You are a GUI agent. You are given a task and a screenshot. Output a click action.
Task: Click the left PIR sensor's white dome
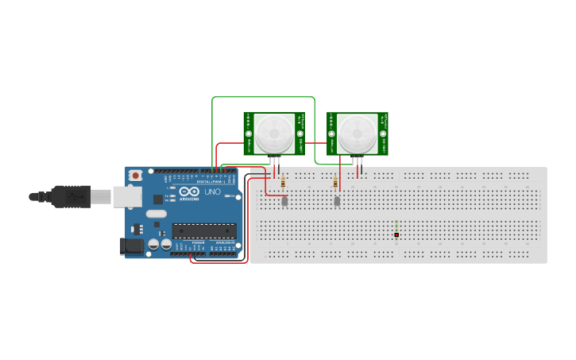(274, 134)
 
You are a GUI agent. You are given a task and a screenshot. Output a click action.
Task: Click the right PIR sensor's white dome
(358, 134)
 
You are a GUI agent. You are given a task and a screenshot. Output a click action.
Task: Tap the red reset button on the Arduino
(136, 175)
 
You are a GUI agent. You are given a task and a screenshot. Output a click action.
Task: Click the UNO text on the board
(213, 192)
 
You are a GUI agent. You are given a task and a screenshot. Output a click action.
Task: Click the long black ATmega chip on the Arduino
(204, 231)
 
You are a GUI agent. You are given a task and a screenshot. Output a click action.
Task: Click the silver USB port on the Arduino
(126, 196)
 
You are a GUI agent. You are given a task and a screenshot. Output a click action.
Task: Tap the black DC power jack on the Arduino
(133, 246)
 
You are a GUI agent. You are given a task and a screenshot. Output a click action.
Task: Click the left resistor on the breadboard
(284, 184)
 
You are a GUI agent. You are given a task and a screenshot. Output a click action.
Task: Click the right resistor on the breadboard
(335, 184)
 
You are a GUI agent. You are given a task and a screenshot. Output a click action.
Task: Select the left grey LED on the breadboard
(284, 201)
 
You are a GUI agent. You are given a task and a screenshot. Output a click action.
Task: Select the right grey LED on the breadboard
(337, 201)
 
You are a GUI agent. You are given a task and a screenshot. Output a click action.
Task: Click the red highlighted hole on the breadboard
(396, 234)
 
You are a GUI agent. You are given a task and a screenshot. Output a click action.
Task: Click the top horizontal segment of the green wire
(262, 98)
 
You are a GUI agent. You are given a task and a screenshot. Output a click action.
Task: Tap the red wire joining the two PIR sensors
(315, 143)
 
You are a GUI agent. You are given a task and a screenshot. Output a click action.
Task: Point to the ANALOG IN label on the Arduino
(225, 242)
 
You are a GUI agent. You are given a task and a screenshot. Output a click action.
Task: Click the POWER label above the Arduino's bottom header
(199, 242)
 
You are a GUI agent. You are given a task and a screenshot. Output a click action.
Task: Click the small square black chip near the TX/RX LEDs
(158, 199)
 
